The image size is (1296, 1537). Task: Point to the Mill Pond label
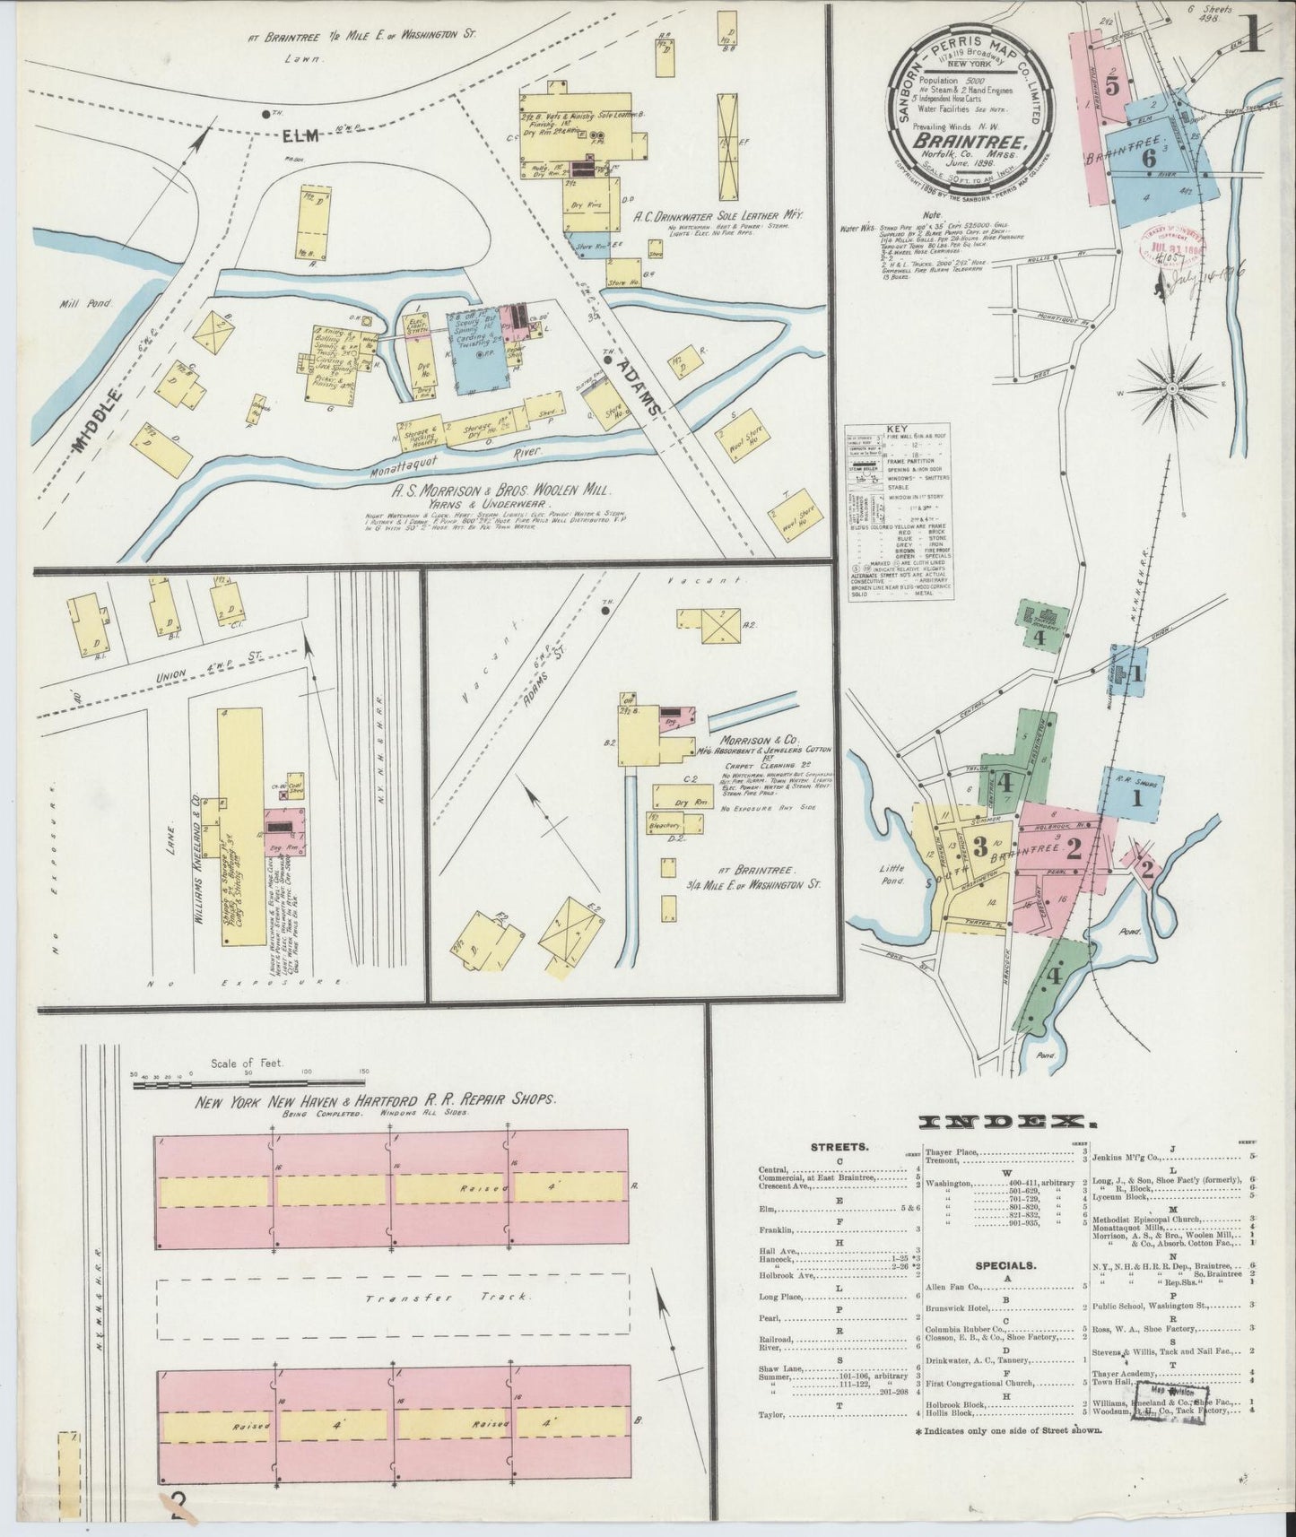pos(86,303)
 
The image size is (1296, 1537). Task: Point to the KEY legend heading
pos(898,430)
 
